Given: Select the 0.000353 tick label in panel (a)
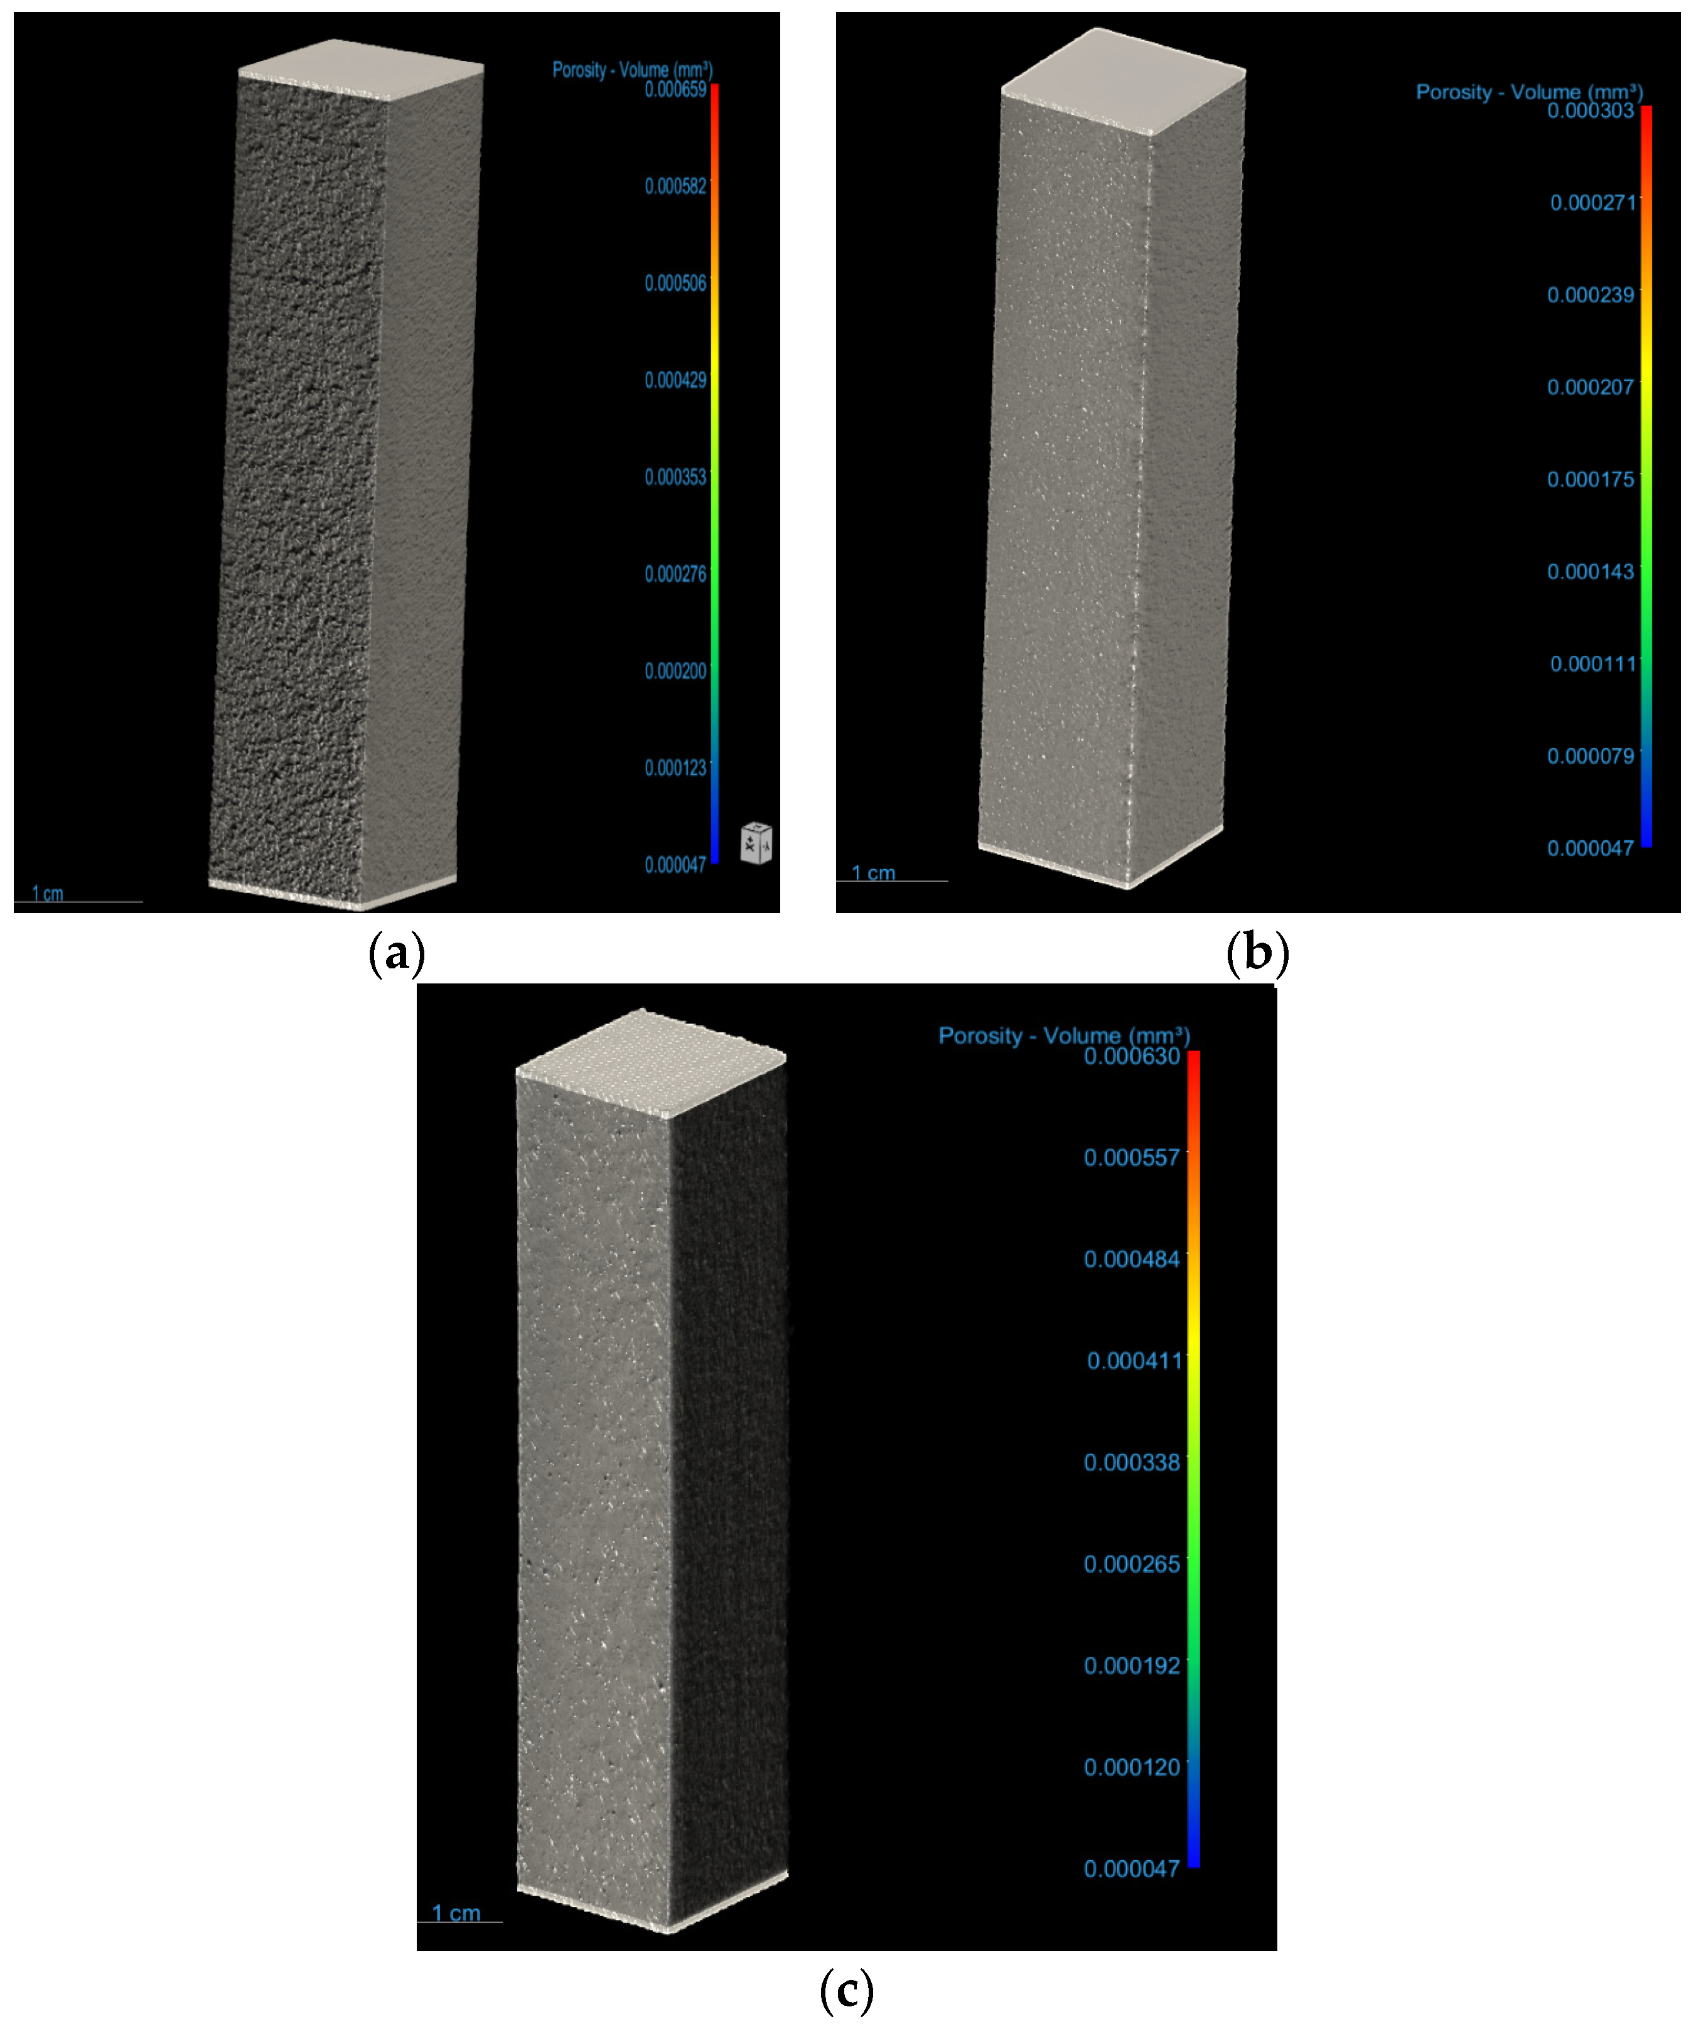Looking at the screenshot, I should [x=675, y=478].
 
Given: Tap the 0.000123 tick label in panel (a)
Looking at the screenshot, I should [x=675, y=768].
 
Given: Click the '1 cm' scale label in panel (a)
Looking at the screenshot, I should [x=47, y=894].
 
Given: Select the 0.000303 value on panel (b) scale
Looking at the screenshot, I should [x=1590, y=111].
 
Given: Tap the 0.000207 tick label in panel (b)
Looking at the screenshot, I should [x=1590, y=387].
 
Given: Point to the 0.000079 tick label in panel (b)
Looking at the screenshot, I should [x=1590, y=756].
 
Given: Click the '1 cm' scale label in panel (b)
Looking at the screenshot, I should [x=872, y=874].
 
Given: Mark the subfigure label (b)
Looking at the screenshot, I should [x=1256, y=954].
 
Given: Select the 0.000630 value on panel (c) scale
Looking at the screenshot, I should [x=1132, y=1056].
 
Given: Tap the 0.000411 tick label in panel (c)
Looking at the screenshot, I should [x=1134, y=1361].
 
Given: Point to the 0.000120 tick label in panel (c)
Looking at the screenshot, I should [x=1132, y=1767].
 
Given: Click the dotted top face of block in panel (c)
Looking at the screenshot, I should [x=650, y=1062].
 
